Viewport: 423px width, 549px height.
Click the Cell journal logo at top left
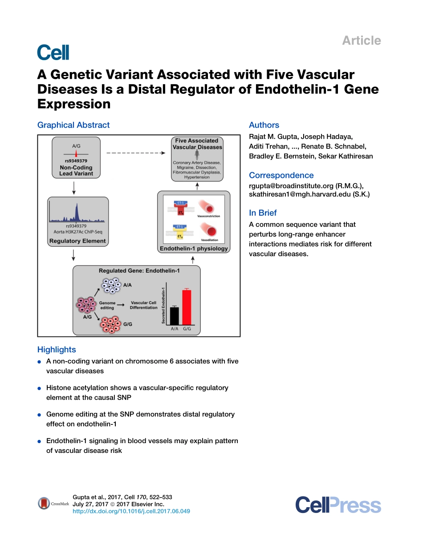53,52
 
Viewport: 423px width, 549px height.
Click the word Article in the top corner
361,40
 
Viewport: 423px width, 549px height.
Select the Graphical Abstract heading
73,125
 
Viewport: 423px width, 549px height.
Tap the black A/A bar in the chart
174,316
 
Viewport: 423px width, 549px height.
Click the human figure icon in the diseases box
197,155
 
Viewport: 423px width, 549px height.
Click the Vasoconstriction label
208,216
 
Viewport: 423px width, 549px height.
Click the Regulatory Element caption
77,241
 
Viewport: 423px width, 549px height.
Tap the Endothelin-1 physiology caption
194,249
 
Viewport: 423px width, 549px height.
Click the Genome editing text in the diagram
107,305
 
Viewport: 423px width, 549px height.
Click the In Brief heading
263,213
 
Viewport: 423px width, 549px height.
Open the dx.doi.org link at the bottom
131,511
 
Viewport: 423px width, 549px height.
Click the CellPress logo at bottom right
338,505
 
